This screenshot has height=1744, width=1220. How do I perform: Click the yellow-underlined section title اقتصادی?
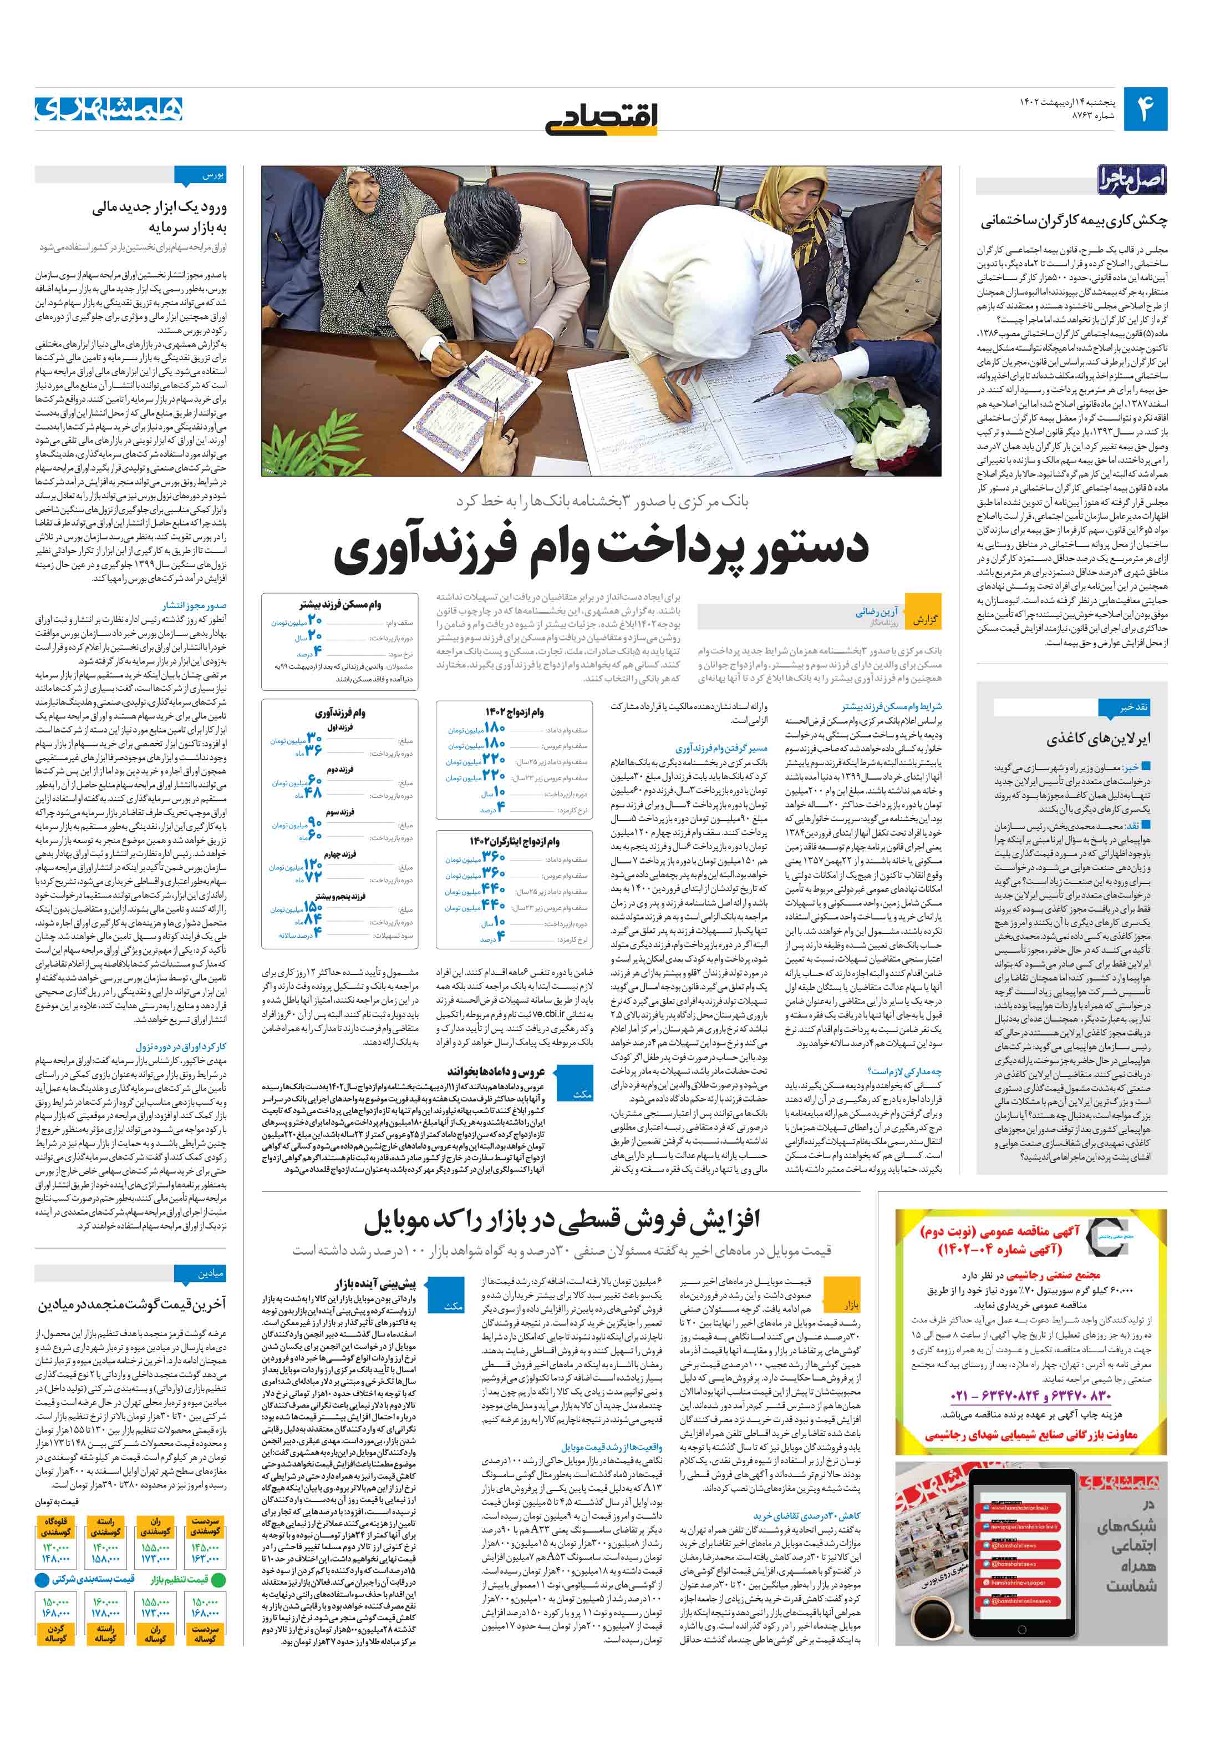pyautogui.click(x=601, y=115)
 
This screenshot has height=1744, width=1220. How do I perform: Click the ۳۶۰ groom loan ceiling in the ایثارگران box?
pyautogui.click(x=494, y=857)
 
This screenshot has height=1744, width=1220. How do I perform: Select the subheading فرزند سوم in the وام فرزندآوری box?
pyautogui.click(x=340, y=812)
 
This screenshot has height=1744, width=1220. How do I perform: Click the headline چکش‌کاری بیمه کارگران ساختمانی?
pyautogui.click(x=1074, y=221)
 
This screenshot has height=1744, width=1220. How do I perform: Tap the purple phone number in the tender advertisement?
pyautogui.click(x=1029, y=1396)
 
